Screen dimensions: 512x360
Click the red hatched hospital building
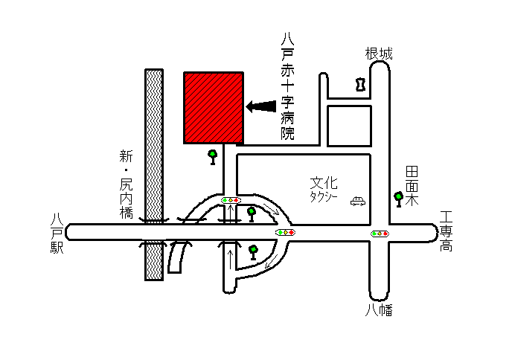tap(214, 108)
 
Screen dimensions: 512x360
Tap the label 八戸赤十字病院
tap(287, 86)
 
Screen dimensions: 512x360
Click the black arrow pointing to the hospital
tap(261, 106)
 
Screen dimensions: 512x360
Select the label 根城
tap(379, 54)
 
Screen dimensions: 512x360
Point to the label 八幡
tap(379, 310)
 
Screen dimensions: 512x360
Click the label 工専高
tap(446, 231)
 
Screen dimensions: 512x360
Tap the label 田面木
tap(412, 186)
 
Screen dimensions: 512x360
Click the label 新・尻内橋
tap(126, 184)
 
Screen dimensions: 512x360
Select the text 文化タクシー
tap(324, 190)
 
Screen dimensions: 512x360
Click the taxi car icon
tap(358, 201)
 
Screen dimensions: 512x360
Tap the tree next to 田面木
tap(398, 199)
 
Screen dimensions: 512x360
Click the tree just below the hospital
tap(213, 157)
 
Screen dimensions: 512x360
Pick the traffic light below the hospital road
tap(231, 200)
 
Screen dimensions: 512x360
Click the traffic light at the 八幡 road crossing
tap(380, 234)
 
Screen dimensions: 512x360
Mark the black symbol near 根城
tap(360, 84)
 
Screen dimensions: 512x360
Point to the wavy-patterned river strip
tap(154, 175)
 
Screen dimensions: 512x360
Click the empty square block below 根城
tap(349, 126)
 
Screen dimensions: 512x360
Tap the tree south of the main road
tap(253, 253)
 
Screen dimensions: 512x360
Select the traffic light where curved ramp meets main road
tap(285, 232)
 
